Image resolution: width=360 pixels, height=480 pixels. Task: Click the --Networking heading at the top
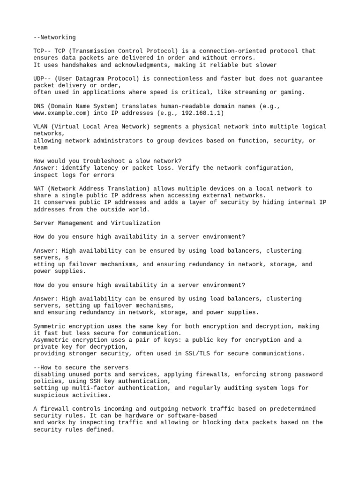pos(54,37)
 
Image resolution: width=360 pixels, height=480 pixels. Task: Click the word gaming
pos(291,92)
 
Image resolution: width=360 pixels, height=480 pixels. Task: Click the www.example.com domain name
pos(61,113)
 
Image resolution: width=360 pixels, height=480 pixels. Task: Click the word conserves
pos(59,202)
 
